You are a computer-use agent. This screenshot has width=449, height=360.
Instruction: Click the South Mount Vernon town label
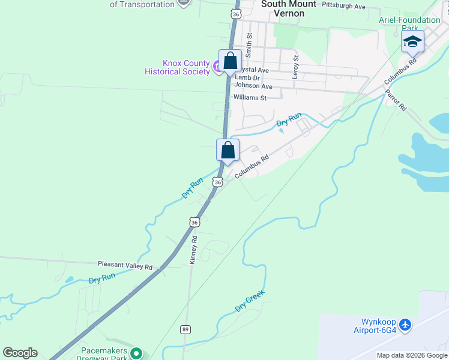coord(289,8)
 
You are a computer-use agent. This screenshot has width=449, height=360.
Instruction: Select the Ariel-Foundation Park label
coord(409,24)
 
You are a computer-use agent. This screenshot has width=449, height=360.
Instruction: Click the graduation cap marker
coord(412,41)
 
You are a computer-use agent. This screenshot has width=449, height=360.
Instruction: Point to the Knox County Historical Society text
coord(177,67)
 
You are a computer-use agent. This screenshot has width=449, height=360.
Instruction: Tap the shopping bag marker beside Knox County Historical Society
coord(230,61)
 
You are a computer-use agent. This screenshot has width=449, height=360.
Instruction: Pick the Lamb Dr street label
coord(247,77)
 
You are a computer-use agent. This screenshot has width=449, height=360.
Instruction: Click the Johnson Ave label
coord(253,86)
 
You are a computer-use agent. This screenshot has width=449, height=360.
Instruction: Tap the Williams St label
coord(250,97)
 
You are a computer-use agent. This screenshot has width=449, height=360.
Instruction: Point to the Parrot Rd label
coord(396,100)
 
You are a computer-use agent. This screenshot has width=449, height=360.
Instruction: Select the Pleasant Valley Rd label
coord(125,265)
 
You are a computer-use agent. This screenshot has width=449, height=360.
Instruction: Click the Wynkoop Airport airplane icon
coord(406,325)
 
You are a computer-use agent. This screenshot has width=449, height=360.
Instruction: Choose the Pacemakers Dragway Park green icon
coord(136,353)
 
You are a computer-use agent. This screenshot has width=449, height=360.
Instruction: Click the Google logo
coord(20,353)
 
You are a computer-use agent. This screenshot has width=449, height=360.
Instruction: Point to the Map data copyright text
coord(412,355)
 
